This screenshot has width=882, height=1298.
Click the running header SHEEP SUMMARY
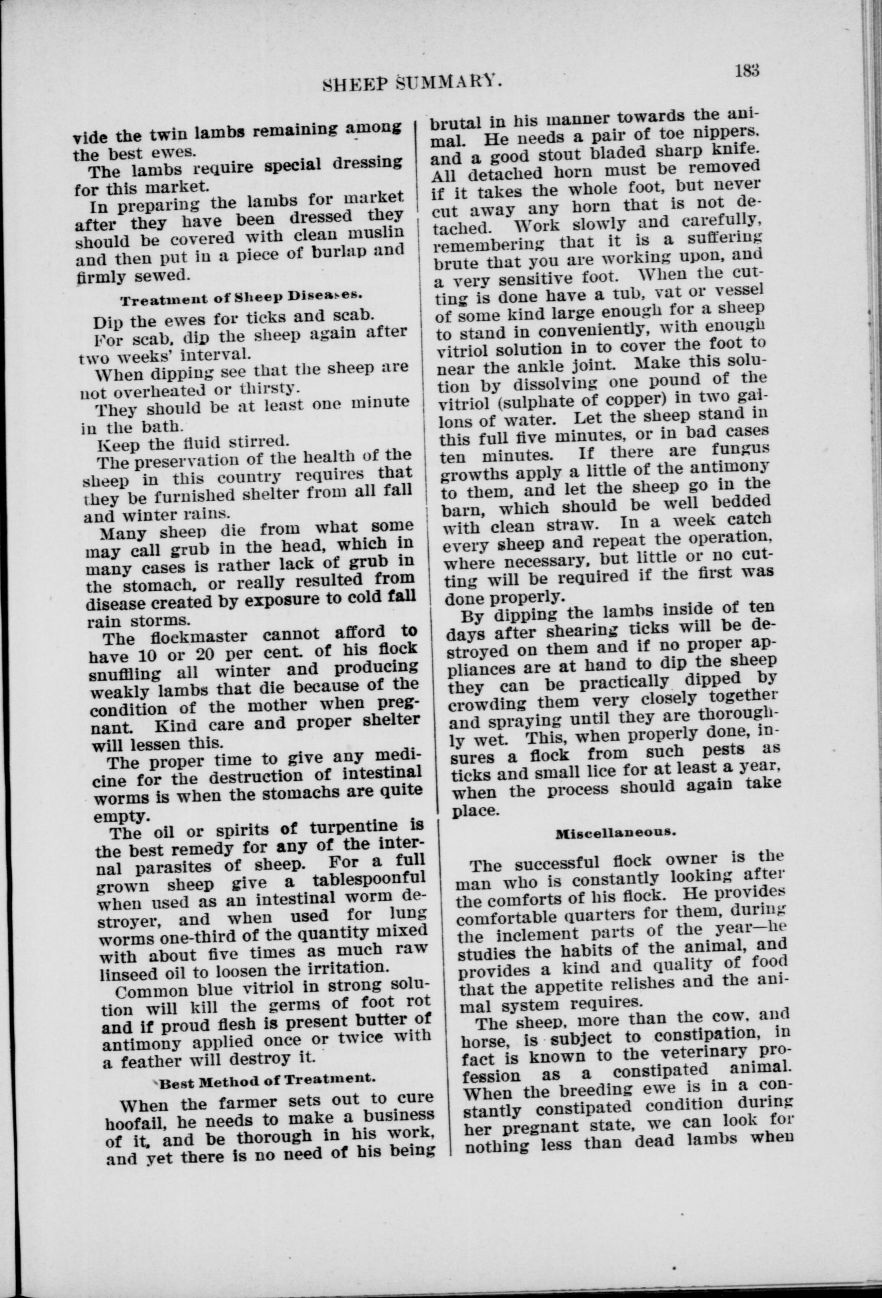[x=413, y=81]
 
